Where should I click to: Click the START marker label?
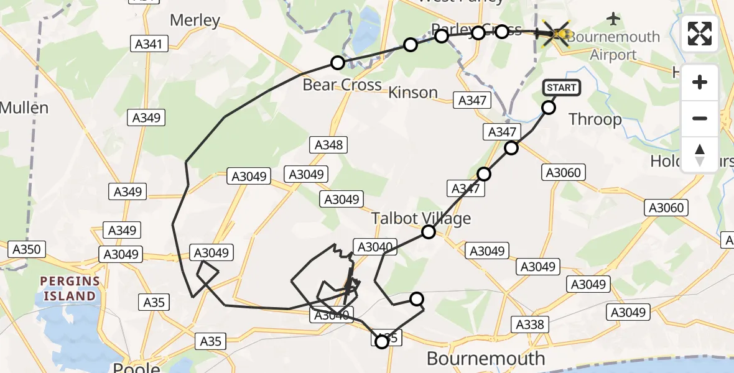click(x=562, y=88)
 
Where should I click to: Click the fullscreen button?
click(x=700, y=34)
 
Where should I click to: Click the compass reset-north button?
click(x=700, y=154)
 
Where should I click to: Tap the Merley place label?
click(x=195, y=20)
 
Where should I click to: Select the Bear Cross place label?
click(x=341, y=85)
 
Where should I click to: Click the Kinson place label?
click(x=413, y=93)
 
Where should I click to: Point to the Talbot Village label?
click(x=421, y=218)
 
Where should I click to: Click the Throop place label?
click(x=595, y=119)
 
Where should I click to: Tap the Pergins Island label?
click(x=69, y=288)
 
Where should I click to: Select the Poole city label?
click(x=136, y=367)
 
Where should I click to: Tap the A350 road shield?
click(x=26, y=250)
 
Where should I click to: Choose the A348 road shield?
click(x=328, y=145)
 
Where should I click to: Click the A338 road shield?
click(x=529, y=324)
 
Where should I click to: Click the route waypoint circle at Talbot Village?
click(x=429, y=233)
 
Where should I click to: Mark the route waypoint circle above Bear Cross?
click(x=338, y=62)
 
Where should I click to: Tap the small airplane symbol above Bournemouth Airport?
click(x=615, y=19)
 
